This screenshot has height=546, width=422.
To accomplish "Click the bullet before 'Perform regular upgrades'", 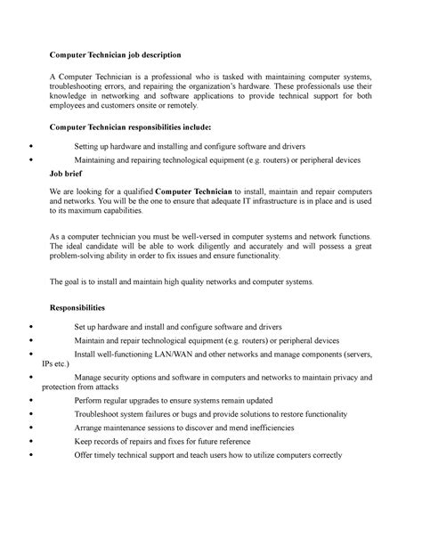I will click(x=32, y=401).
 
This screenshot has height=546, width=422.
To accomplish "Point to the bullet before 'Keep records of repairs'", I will click(x=32, y=440).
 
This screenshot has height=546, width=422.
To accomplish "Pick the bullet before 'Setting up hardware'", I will click(x=32, y=146).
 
